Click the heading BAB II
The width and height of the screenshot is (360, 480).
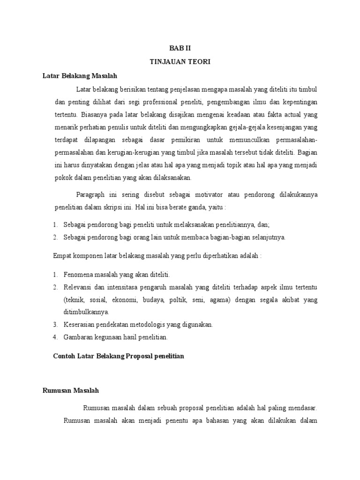(x=180, y=48)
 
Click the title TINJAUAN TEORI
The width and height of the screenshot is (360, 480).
(x=180, y=61)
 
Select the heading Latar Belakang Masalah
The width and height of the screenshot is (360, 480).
(x=79, y=75)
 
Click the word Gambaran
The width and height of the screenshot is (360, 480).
(x=78, y=337)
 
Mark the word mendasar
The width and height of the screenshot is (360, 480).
(x=303, y=408)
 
